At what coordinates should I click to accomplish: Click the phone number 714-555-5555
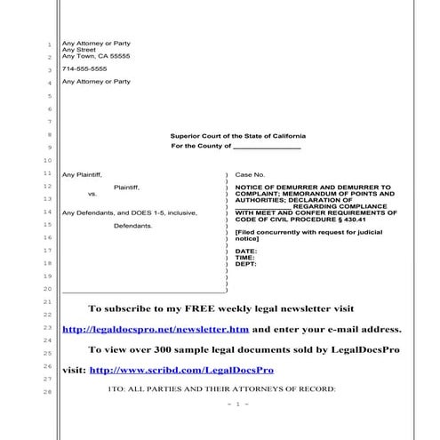coord(84,68)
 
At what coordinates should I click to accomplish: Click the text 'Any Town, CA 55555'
coord(96,56)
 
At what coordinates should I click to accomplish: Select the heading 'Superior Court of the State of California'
coord(236,135)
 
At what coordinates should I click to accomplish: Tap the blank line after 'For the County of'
coord(267,147)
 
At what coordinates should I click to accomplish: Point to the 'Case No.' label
coord(250,175)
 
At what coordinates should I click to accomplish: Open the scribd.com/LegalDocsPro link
coord(181,369)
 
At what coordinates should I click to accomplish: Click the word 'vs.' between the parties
coord(92,194)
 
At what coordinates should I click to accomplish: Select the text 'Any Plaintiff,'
coord(82,175)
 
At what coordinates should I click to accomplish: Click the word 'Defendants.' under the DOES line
coord(133,226)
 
